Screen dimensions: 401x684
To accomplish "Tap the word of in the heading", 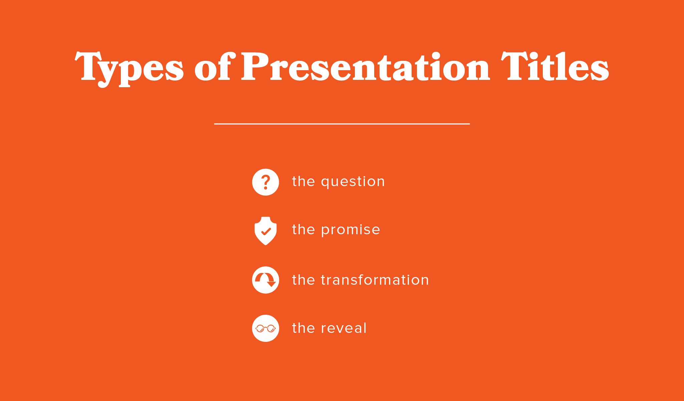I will (213, 67).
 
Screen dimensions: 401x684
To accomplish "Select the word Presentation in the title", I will (365, 67).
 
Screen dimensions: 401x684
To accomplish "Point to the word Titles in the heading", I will (554, 67).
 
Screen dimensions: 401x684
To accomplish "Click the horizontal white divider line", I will (342, 124).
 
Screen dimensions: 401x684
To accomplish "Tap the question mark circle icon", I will (265, 182).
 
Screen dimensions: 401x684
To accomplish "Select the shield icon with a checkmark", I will (265, 231).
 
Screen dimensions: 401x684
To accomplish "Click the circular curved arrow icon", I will (265, 280).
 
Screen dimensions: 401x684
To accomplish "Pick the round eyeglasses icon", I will (265, 328).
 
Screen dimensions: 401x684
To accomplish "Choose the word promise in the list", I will (351, 230).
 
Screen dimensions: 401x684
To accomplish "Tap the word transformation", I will (375, 280).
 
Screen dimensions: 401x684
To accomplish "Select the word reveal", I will (344, 328).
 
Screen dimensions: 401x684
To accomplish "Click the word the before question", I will (303, 181).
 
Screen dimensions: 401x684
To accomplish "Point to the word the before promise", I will (303, 230).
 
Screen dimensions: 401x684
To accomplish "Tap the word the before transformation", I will (303, 280).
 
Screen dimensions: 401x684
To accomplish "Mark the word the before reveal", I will (303, 328).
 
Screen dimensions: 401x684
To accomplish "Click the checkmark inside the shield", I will (266, 231).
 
